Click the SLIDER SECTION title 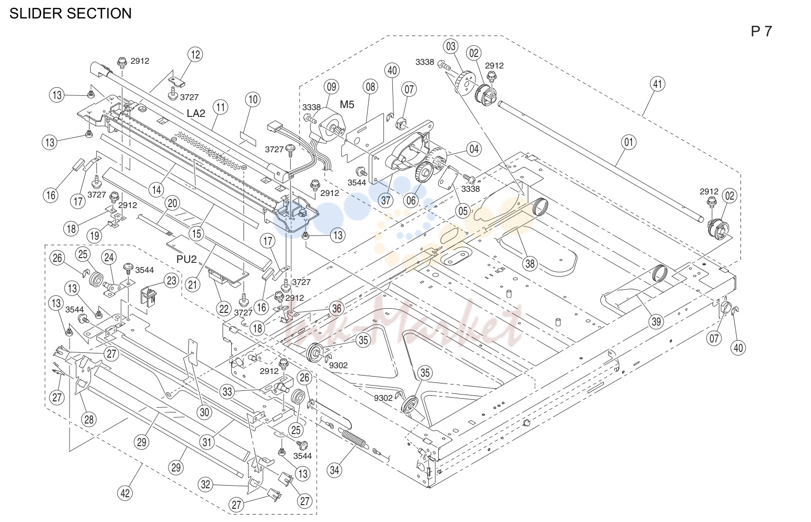70,13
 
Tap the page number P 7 761,32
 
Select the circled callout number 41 657,84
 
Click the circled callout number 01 629,142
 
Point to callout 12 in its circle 195,55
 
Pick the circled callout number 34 334,470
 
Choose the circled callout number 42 125,493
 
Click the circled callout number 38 530,263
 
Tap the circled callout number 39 656,321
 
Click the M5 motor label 347,105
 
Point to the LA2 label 196,113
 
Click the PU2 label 186,259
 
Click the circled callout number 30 204,412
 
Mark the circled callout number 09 331,87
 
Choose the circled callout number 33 227,392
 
